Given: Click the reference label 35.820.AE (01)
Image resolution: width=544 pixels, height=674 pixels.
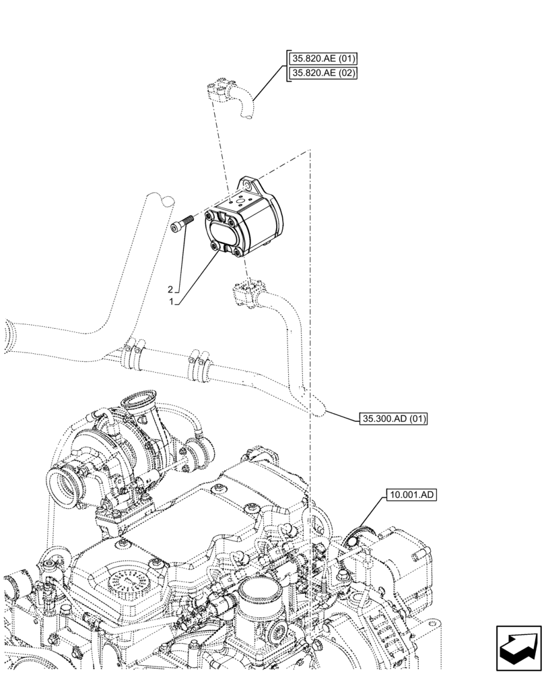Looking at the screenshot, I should tap(322, 58).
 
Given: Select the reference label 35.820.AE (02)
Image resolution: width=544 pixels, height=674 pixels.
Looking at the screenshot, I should tap(322, 73).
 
